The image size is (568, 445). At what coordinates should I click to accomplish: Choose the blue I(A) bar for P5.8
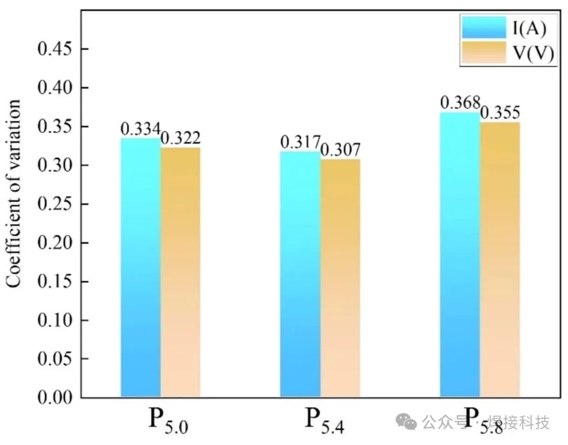(460, 254)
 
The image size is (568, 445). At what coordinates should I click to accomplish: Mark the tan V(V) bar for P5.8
(500, 260)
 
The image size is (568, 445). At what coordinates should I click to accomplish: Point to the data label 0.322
(180, 138)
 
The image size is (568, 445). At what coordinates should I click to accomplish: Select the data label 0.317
(300, 142)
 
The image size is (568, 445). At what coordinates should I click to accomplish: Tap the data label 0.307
(340, 150)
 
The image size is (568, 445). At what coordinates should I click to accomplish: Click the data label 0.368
(460, 102)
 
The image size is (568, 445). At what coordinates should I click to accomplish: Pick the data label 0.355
(500, 112)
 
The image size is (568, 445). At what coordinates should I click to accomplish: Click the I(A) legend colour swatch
(483, 27)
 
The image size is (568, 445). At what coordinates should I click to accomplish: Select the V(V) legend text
(534, 54)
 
